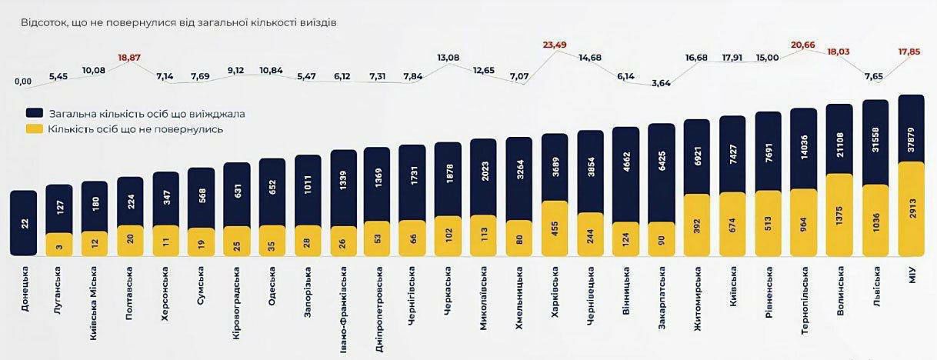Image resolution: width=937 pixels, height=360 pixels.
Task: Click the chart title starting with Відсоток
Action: (178, 22)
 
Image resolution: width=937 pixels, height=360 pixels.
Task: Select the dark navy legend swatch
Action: (35, 113)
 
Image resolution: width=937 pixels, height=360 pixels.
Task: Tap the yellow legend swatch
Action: (35, 129)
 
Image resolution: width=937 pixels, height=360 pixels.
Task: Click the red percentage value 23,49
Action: (554, 45)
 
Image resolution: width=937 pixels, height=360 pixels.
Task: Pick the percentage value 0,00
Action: (23, 82)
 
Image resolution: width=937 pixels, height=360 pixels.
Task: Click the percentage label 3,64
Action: (661, 83)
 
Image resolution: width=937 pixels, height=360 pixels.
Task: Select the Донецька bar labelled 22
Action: (23, 223)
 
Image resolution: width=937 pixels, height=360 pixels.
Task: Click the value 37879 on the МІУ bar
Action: (911, 129)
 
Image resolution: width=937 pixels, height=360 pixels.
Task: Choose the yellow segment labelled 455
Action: (555, 228)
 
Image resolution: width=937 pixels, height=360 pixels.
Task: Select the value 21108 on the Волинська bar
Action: (839, 138)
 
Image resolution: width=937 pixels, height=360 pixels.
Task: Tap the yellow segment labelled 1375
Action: (839, 215)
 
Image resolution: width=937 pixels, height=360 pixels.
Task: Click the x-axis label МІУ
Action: (912, 275)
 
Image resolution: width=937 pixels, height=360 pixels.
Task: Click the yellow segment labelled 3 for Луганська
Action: (58, 245)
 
